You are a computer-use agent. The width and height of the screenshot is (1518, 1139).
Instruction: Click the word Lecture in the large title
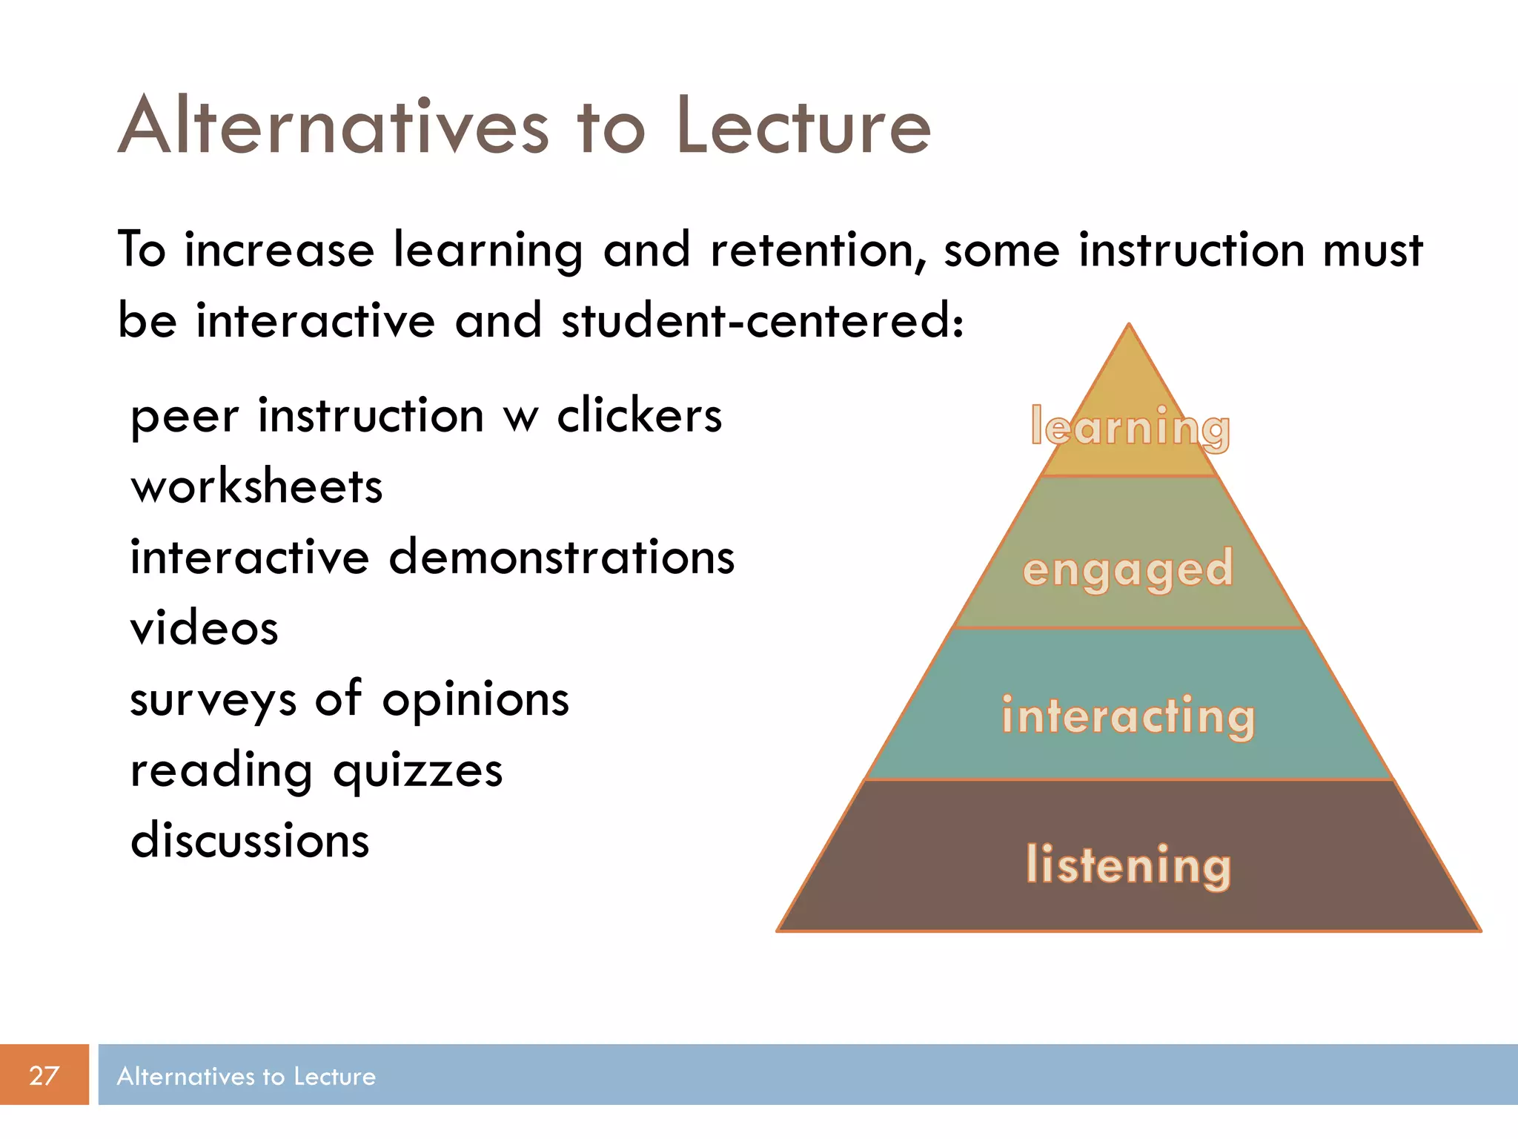click(x=803, y=128)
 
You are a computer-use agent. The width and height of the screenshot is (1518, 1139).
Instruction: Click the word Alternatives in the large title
click(x=334, y=128)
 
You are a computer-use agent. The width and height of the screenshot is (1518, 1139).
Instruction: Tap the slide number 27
click(x=44, y=1075)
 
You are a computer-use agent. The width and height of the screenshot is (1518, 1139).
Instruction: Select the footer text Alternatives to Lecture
click(x=246, y=1076)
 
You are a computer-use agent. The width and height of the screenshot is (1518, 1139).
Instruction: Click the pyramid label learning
click(x=1130, y=428)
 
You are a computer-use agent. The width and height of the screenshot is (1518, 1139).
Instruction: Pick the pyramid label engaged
click(x=1127, y=570)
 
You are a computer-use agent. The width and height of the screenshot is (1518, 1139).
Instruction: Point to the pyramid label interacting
click(x=1128, y=716)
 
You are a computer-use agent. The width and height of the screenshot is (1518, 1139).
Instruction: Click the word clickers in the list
click(x=639, y=416)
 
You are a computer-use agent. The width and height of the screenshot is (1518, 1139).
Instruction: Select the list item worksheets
click(x=256, y=487)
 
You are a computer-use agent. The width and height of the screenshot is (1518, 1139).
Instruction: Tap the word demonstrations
click(x=561, y=558)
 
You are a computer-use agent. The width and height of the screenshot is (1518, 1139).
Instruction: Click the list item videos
click(x=205, y=629)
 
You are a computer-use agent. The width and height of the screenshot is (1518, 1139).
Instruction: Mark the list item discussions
click(x=250, y=842)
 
